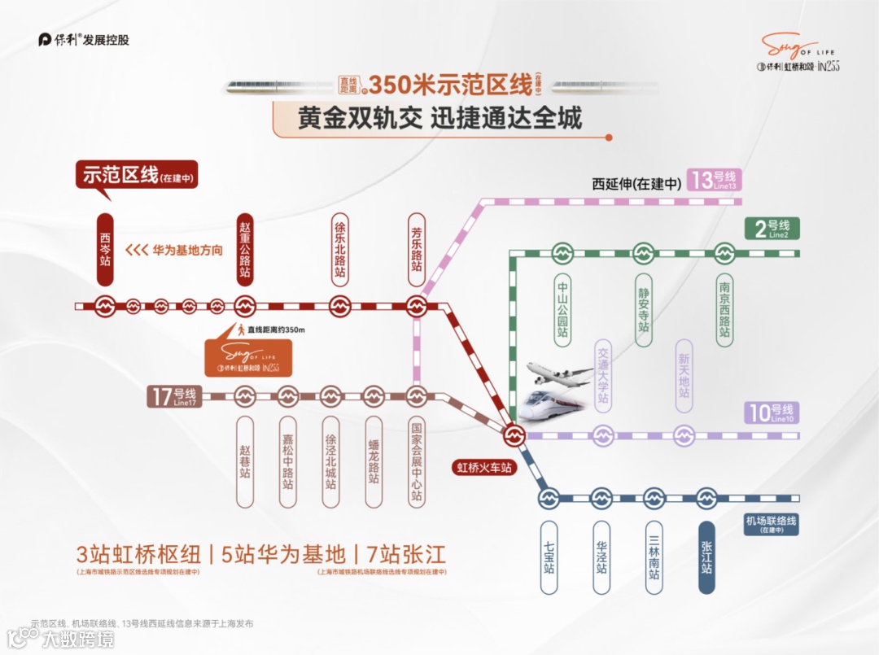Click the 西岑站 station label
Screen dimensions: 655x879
(x=105, y=249)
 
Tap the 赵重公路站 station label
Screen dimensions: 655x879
(x=245, y=249)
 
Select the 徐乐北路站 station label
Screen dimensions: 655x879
(x=340, y=249)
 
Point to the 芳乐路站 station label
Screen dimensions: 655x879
(x=417, y=249)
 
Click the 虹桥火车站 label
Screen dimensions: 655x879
(x=485, y=468)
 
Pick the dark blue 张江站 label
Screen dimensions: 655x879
(x=706, y=557)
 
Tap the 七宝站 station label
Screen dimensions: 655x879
(x=549, y=557)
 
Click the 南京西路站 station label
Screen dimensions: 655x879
(x=724, y=310)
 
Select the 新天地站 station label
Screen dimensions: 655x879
(x=684, y=375)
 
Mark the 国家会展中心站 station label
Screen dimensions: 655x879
(x=417, y=461)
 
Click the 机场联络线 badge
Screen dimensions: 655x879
(x=770, y=523)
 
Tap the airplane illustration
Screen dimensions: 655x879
(x=560, y=375)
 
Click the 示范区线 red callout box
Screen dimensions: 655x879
(x=137, y=176)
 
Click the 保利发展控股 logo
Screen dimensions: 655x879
(x=84, y=40)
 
